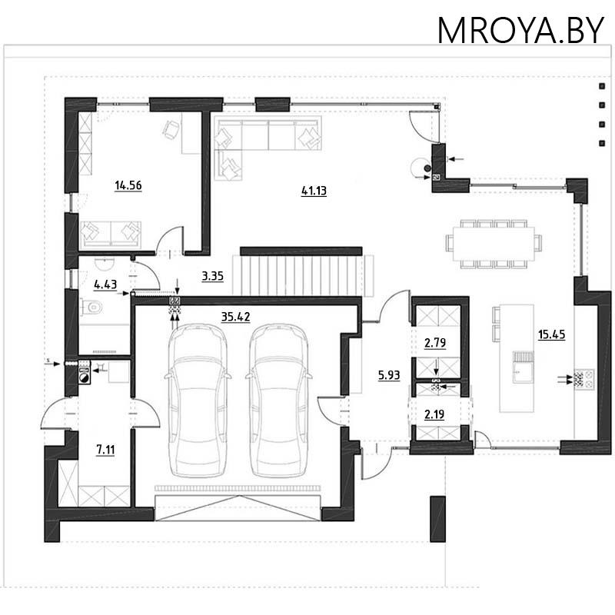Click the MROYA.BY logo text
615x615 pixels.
tap(520, 30)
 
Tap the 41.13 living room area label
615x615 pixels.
tap(314, 191)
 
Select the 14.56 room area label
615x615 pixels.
tap(128, 185)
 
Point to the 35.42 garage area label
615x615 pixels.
tap(235, 317)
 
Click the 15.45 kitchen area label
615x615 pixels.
tap(551, 334)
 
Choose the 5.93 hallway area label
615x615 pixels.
tap(389, 375)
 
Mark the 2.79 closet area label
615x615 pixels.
tap(435, 343)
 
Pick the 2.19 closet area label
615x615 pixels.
tap(434, 414)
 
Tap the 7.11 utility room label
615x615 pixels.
tap(105, 450)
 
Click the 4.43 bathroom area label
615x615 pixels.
tap(105, 284)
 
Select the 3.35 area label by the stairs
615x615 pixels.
tap(213, 276)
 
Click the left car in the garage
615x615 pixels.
tap(198, 400)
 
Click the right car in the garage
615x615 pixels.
tap(278, 400)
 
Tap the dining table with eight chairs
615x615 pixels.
tap(494, 244)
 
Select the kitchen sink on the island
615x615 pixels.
tap(524, 367)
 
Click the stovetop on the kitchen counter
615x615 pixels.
tap(584, 379)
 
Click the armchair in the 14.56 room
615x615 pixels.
tap(171, 129)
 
